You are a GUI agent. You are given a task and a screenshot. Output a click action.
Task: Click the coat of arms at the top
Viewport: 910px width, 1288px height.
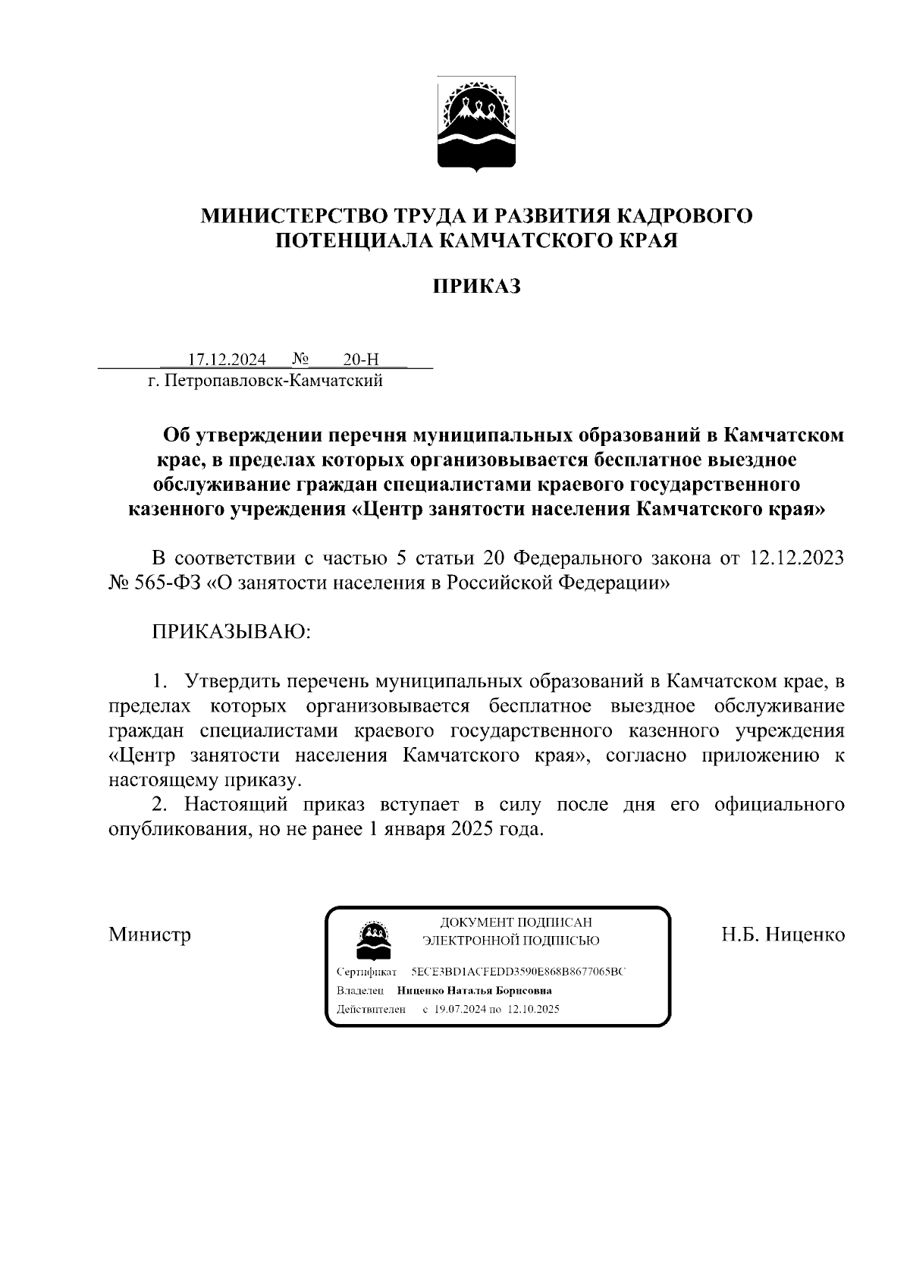coord(477,124)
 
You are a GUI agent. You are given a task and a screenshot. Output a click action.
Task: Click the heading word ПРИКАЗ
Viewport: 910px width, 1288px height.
coord(476,287)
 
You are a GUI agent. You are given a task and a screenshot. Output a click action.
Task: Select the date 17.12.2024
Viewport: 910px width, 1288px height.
coord(227,359)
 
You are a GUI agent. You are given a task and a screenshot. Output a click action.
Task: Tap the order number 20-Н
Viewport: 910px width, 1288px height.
coord(360,359)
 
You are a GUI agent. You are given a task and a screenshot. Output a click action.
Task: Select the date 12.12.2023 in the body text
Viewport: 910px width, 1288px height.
coord(796,558)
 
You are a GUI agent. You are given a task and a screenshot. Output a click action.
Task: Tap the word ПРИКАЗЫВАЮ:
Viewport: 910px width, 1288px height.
coord(232,632)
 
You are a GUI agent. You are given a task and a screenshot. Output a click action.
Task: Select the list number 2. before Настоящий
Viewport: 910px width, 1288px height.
coord(159,804)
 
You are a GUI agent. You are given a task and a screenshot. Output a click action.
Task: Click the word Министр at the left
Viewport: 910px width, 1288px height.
coord(149,934)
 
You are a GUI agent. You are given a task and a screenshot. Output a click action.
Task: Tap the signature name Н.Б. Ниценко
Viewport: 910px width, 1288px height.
coord(783,934)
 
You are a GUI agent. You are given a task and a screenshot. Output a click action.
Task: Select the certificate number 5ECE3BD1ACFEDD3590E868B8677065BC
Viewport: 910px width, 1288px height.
coord(519,972)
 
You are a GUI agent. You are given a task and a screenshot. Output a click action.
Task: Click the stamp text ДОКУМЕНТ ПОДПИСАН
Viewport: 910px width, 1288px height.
coord(515,922)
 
